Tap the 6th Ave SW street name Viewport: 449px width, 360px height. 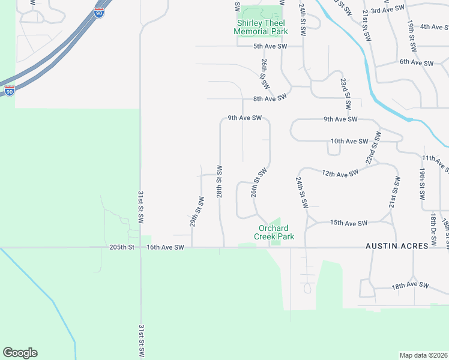(417, 62)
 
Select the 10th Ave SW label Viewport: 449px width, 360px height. (349, 142)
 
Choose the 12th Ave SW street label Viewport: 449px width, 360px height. (340, 173)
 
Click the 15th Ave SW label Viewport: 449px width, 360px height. (349, 223)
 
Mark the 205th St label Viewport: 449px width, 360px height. (123, 247)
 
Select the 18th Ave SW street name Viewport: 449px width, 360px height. (412, 286)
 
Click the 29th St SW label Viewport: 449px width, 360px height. (196, 214)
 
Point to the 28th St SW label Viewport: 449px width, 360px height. (220, 182)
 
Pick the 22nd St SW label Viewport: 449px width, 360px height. (373, 148)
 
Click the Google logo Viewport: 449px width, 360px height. (20, 353)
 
